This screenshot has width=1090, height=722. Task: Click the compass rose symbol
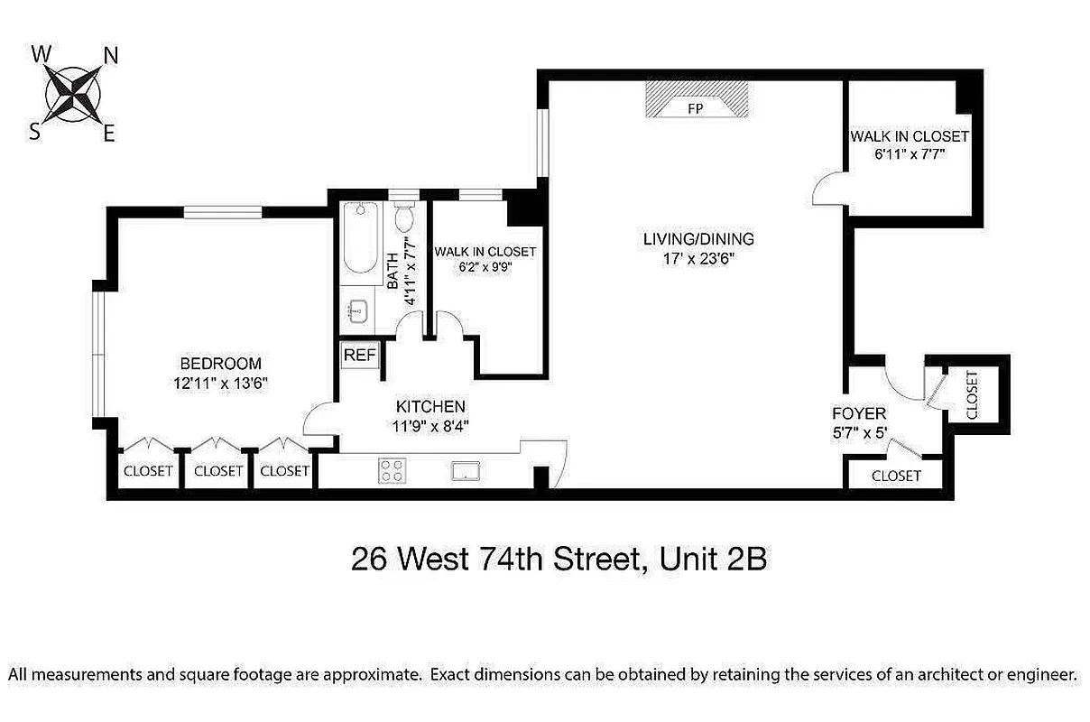coord(72,94)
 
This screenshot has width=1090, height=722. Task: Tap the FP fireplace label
coord(695,108)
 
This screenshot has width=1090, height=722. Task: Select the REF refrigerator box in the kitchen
coord(359,355)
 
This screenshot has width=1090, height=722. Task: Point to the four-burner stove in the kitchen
coord(392,470)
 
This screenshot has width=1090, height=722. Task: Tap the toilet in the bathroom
coord(403,217)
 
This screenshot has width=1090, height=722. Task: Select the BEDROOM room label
coord(221,364)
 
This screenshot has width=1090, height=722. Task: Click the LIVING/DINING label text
coord(698,239)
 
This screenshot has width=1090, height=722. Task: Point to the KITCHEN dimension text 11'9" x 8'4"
coord(431,426)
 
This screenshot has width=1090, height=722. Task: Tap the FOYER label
coord(859,414)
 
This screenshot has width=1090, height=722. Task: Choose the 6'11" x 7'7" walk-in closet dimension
coord(909,154)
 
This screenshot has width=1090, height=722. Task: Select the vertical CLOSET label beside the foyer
coord(972,395)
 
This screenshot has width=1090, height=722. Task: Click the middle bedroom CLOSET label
coord(218,471)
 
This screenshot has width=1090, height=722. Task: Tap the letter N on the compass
coord(112,56)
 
